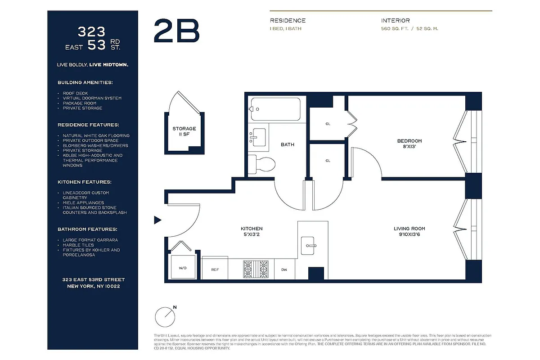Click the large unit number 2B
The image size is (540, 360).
pos(176,31)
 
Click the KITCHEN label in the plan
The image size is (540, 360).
pos(252,231)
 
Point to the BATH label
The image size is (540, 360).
pos(288,144)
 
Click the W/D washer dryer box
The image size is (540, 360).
pos(182,267)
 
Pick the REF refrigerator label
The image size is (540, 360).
pos(215,270)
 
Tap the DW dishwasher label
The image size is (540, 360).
pos(284,270)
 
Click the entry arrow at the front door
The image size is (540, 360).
pos(157,220)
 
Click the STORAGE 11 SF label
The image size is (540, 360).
pos(184,131)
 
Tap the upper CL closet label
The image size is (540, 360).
pos(328,124)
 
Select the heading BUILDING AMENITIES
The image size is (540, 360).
pos(85,83)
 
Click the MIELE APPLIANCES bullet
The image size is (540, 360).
pos(83,202)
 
